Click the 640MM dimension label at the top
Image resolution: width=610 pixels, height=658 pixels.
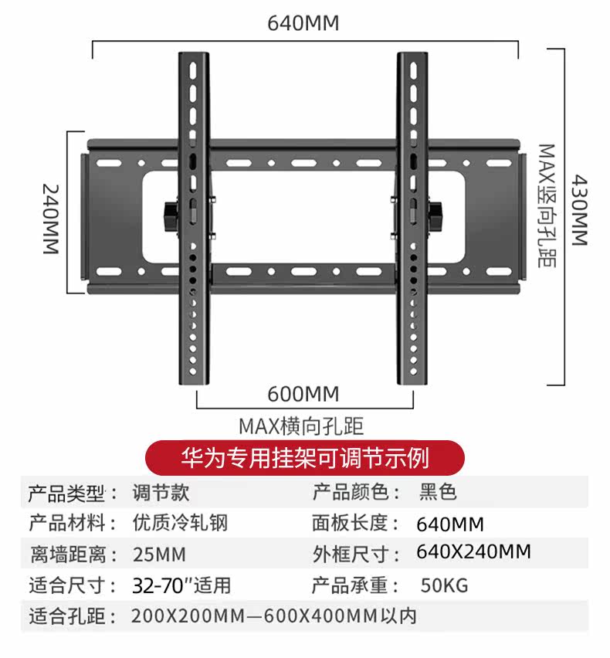click(303, 24)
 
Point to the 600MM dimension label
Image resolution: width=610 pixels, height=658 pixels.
click(303, 394)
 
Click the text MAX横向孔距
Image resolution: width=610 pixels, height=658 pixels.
click(300, 426)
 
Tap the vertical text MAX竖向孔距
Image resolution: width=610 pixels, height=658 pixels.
click(547, 205)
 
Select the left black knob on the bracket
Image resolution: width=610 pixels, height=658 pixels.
click(171, 214)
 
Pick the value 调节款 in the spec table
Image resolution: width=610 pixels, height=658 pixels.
click(161, 492)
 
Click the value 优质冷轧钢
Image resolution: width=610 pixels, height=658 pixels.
click(180, 523)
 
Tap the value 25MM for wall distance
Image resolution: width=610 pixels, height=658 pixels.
click(159, 555)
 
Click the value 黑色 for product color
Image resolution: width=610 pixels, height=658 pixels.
click(438, 492)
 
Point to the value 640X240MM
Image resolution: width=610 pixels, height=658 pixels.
click(473, 552)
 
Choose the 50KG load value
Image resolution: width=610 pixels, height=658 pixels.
click(444, 585)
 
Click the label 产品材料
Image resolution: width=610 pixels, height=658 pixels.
click(66, 523)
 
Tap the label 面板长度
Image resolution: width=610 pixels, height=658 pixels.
click(350, 523)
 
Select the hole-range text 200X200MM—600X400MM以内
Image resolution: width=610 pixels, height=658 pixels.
click(274, 616)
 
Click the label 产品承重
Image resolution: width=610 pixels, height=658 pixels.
click(350, 585)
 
